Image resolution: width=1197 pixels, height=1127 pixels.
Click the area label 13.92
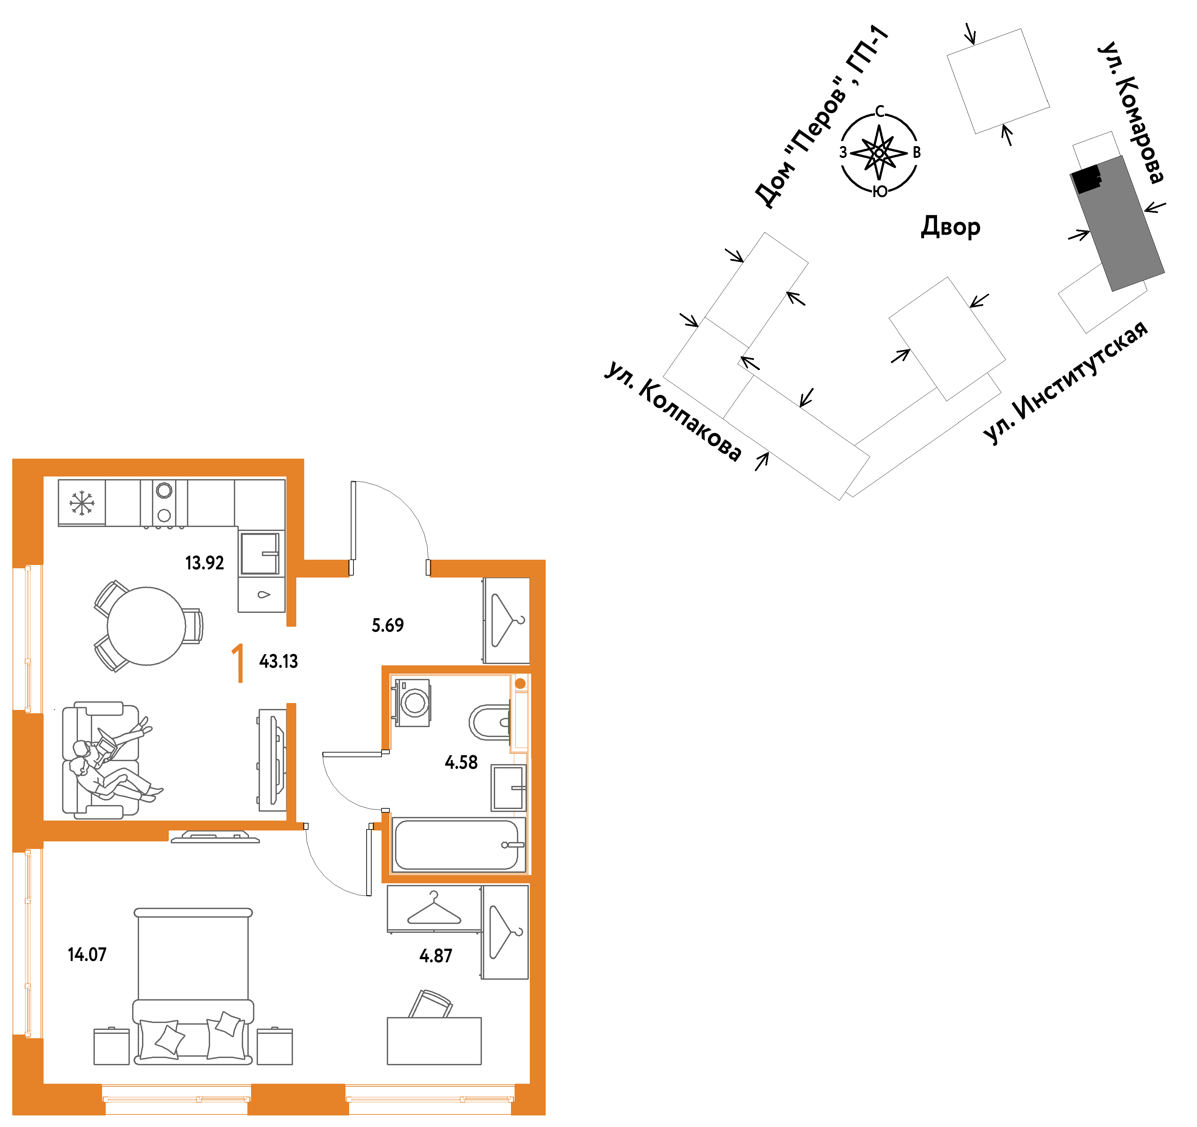pos(205,563)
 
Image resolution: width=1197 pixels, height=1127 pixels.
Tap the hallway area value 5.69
pos(388,625)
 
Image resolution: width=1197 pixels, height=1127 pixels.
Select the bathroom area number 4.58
pos(461,763)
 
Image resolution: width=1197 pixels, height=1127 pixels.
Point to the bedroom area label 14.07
pos(87,955)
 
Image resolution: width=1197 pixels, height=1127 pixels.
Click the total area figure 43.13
pos(279,662)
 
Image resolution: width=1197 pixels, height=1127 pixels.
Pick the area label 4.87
pos(436,956)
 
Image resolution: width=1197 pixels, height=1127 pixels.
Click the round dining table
pos(146,626)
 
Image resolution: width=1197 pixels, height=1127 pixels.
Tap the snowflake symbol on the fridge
pos(82,503)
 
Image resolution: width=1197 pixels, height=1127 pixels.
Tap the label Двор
pos(951,227)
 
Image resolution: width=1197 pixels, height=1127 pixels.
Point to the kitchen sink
pos(260,554)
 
